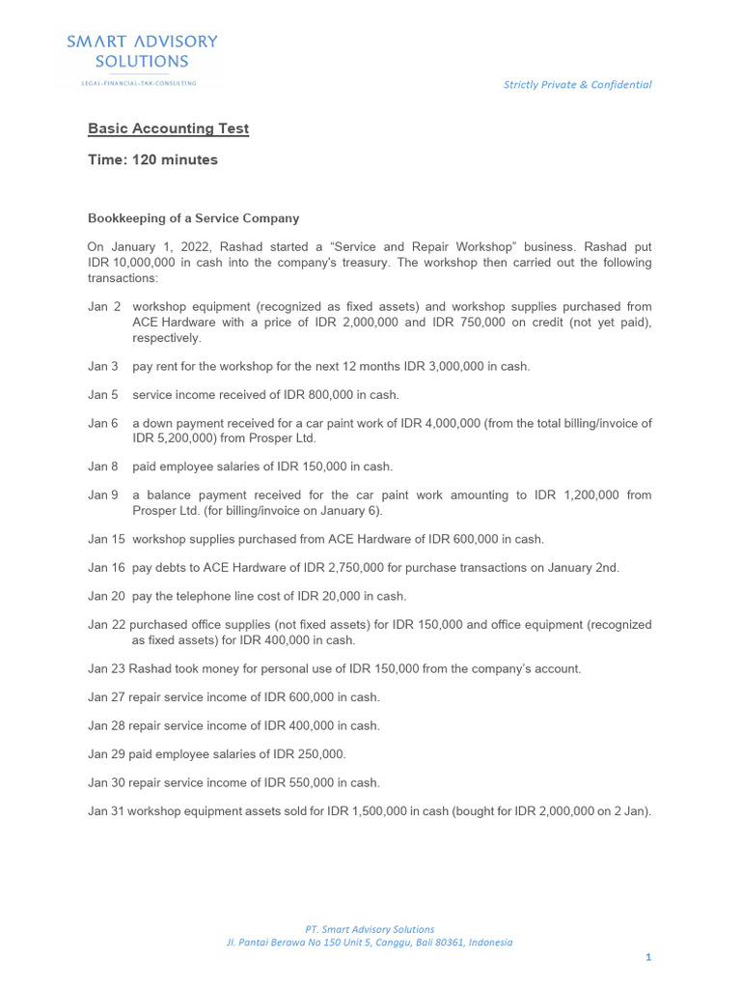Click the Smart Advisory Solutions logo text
(x=142, y=51)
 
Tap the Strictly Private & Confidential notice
(x=577, y=85)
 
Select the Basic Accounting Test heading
(x=168, y=128)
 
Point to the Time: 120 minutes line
(x=152, y=160)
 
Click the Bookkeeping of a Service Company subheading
(x=193, y=218)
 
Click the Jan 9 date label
(x=103, y=495)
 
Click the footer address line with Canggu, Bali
(x=370, y=943)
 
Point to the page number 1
(x=649, y=957)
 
